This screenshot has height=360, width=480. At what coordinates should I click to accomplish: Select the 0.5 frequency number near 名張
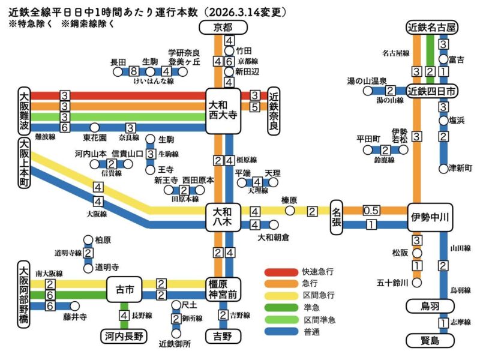371,211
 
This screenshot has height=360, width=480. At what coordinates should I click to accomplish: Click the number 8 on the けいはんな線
133,71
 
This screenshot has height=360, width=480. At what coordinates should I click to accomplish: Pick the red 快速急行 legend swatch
281,272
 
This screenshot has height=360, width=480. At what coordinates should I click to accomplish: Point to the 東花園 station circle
94,127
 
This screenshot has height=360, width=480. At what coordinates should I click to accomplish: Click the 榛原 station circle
290,211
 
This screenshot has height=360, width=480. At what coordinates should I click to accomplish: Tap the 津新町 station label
461,169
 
